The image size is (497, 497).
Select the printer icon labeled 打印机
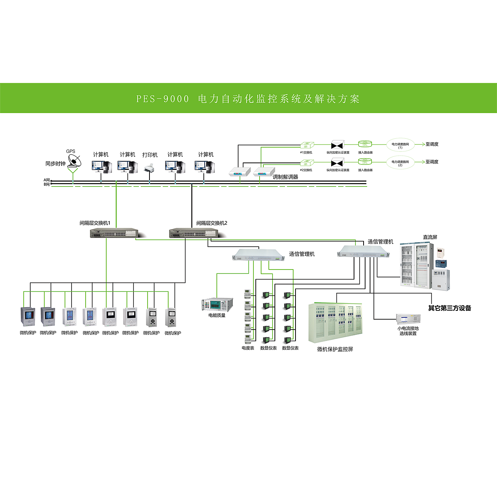click(149, 168)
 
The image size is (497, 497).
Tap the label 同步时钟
click(55, 164)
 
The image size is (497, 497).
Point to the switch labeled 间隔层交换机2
click(193, 233)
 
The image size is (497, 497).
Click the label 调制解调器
click(285, 177)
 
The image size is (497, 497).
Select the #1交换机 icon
click(307, 145)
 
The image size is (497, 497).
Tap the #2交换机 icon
click(307, 162)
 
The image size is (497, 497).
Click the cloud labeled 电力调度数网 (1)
click(400, 145)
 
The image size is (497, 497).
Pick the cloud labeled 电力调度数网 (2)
click(400, 162)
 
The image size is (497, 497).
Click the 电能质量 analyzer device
click(217, 305)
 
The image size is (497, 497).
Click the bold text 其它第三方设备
click(450, 308)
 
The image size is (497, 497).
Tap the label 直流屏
click(430, 237)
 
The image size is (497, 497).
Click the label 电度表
click(248, 348)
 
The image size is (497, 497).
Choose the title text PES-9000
click(163, 99)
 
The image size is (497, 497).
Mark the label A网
click(47, 180)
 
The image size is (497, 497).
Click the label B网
click(47, 184)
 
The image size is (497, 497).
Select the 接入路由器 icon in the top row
click(365, 144)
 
